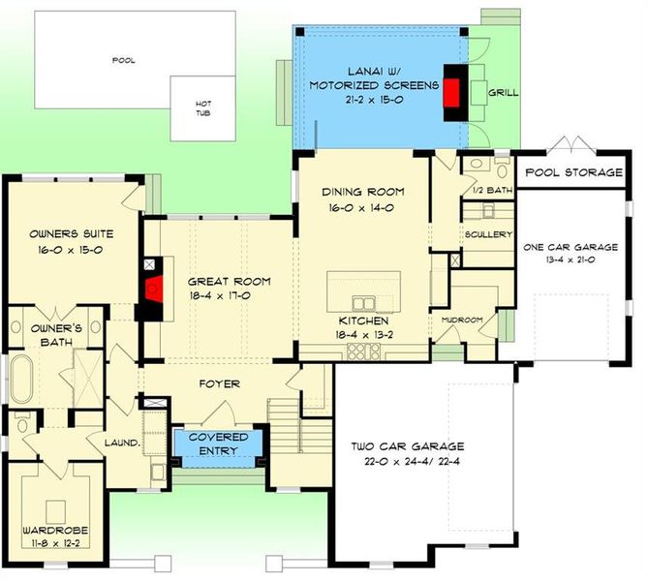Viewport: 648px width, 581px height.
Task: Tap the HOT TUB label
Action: tap(202, 107)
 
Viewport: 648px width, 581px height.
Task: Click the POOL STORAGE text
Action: tap(573, 173)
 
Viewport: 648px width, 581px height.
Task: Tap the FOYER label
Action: tap(220, 384)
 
